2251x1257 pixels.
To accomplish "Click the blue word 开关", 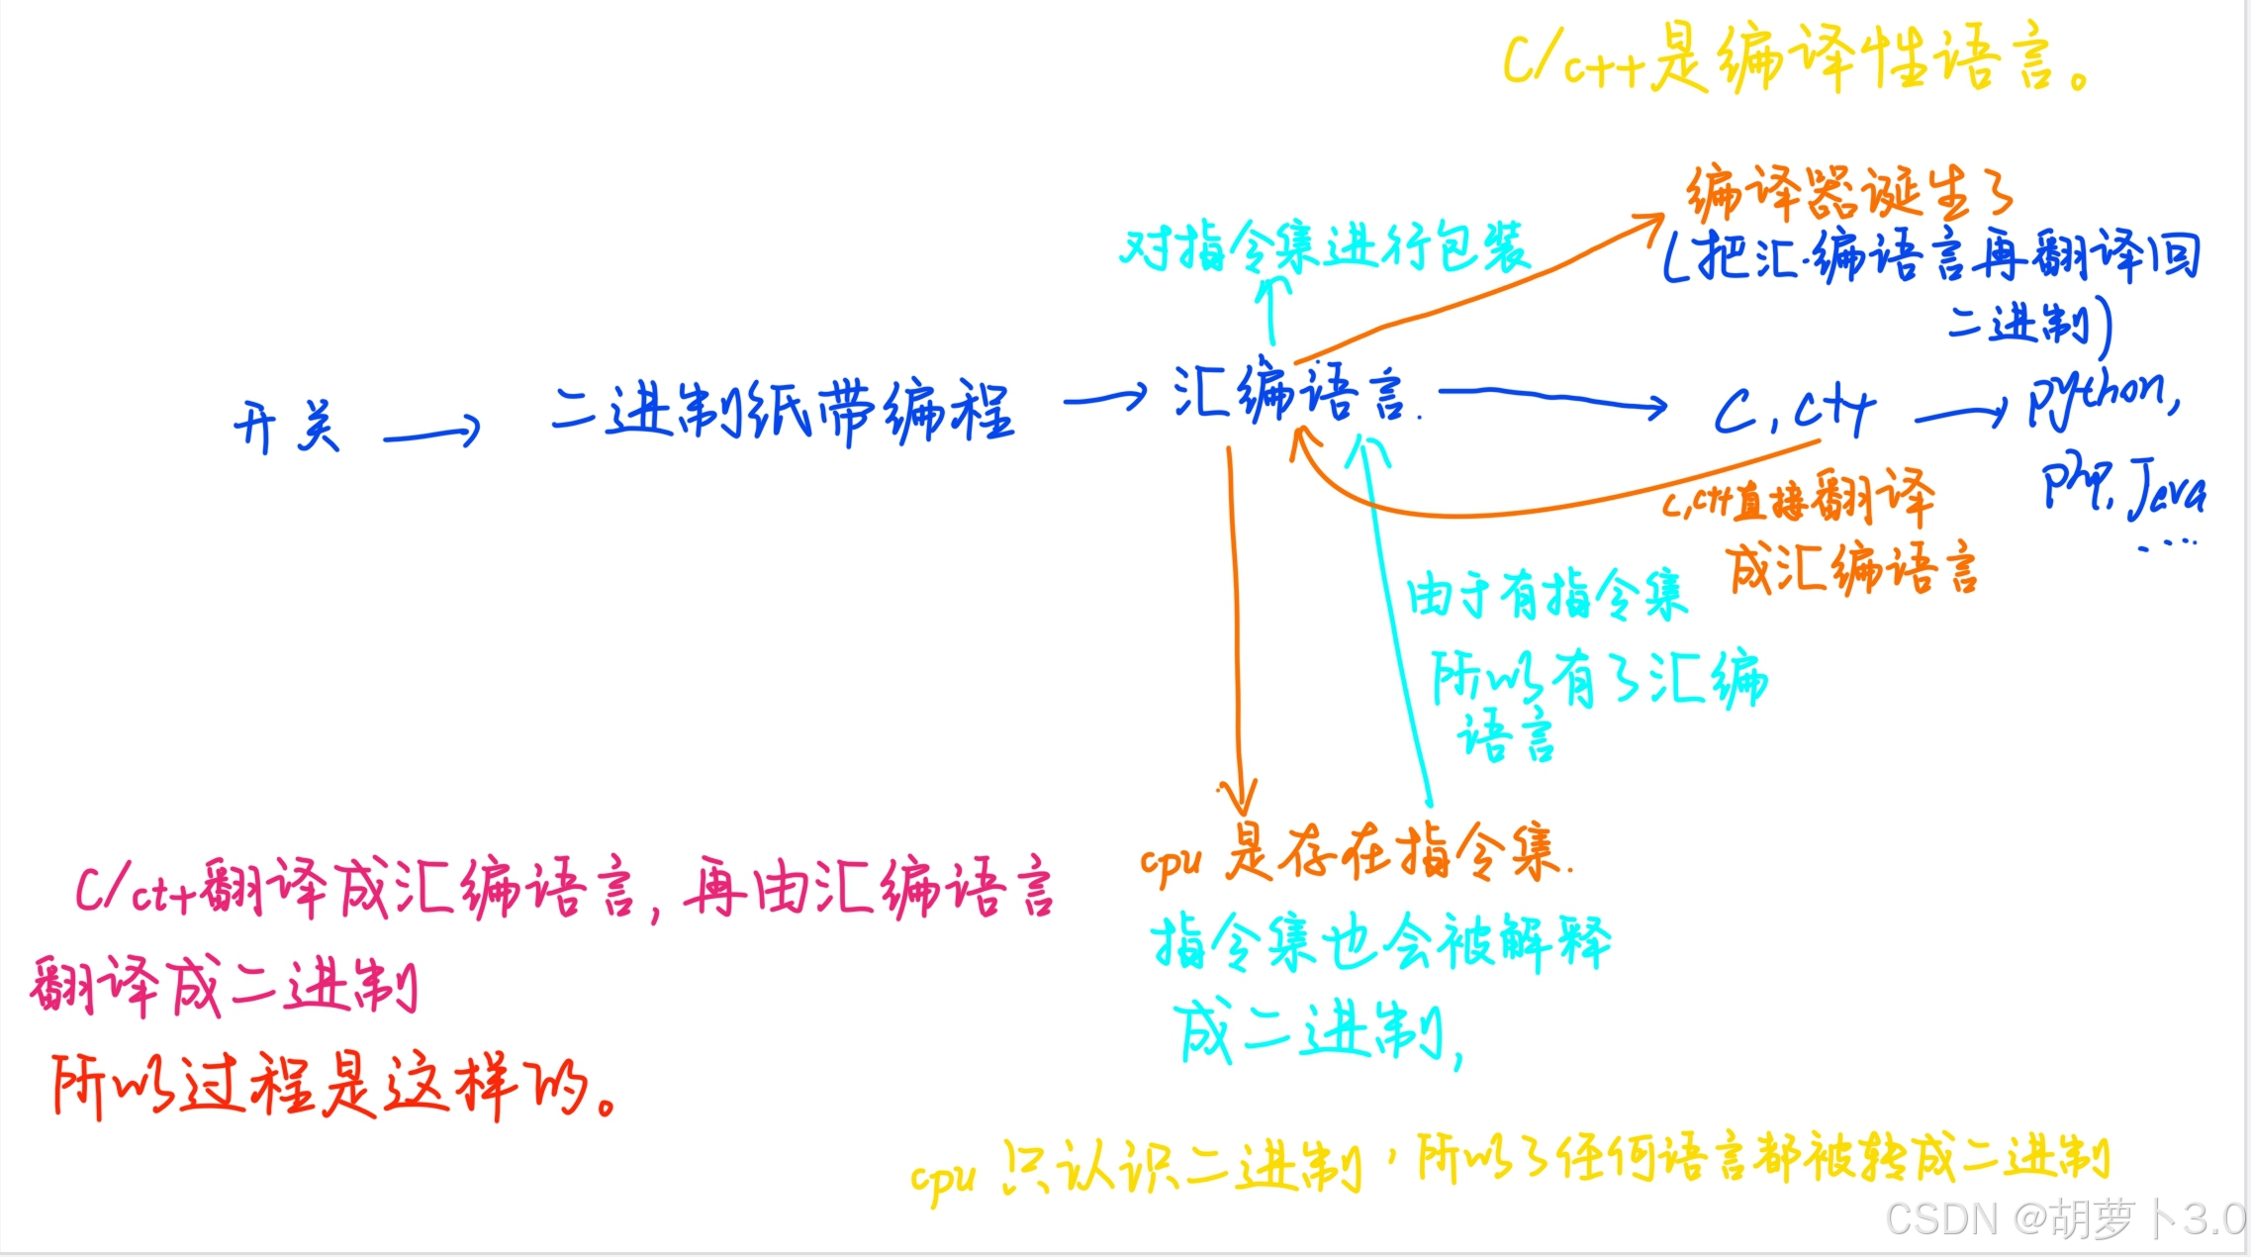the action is [x=287, y=427].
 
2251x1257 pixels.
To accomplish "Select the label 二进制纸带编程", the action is [x=782, y=411].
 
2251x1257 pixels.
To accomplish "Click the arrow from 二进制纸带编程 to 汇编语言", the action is [x=1104, y=399].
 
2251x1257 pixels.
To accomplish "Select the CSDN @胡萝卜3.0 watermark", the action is [x=2064, y=1218].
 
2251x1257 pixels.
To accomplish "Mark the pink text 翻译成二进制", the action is [x=224, y=986].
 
